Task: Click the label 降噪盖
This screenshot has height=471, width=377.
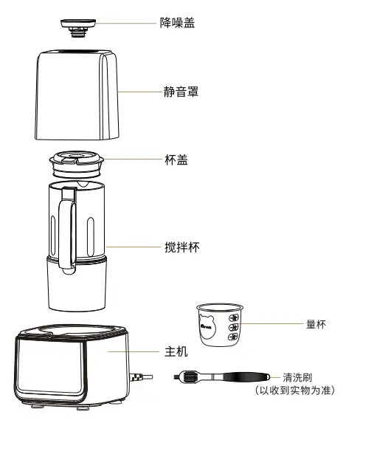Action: click(x=177, y=23)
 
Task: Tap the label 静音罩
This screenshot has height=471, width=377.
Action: click(x=181, y=92)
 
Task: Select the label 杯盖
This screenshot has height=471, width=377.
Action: click(x=176, y=159)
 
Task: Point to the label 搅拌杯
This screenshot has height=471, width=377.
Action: click(x=182, y=247)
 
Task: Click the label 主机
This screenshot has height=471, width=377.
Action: click(x=176, y=351)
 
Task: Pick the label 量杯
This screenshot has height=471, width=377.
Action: click(x=316, y=324)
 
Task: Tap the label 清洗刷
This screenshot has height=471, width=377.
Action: click(x=297, y=377)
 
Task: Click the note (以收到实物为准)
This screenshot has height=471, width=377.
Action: click(x=295, y=391)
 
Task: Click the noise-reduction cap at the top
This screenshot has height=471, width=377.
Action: click(x=78, y=27)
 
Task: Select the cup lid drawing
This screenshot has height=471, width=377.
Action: click(x=77, y=165)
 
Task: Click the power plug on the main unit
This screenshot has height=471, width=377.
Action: click(x=141, y=377)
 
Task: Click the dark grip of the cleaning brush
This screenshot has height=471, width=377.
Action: click(x=246, y=377)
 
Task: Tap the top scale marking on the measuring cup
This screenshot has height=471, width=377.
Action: click(x=234, y=317)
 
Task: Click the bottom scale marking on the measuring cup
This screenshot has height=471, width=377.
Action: click(x=233, y=337)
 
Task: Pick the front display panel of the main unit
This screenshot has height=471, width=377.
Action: click(x=50, y=366)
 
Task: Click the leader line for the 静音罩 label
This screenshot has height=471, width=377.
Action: click(x=140, y=92)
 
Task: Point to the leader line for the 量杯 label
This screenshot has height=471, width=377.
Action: click(x=272, y=324)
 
